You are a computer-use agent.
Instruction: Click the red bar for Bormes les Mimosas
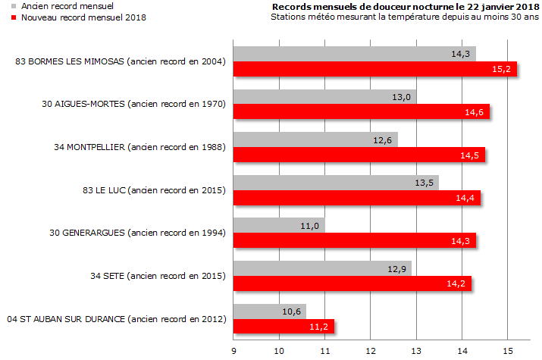coord(374,70)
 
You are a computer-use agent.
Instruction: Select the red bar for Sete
coord(352,283)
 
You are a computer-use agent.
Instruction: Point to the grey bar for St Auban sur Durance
coord(269,311)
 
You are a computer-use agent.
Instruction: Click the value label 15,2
coord(501,70)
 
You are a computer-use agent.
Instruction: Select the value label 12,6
coord(383,140)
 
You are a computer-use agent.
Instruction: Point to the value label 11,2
coord(319,327)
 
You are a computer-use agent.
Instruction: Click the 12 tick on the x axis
coord(371,351)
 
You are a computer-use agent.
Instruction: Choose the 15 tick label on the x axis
coord(507,351)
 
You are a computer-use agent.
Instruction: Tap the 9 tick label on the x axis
coord(234,351)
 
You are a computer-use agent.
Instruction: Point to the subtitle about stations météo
coord(403,17)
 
